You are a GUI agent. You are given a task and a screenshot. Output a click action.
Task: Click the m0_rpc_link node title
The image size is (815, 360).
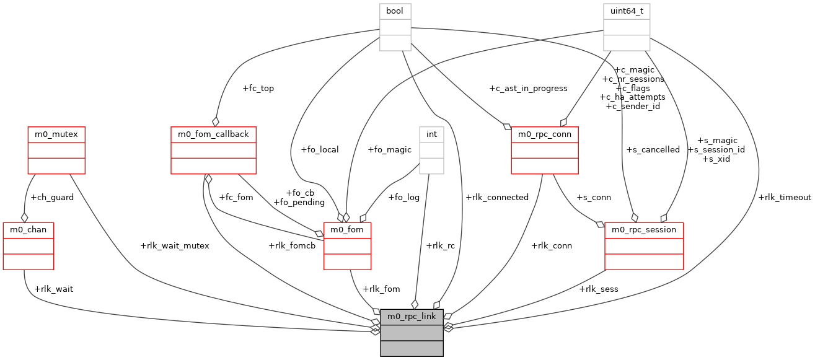tap(412, 317)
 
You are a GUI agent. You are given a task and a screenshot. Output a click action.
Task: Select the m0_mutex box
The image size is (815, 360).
tap(56, 150)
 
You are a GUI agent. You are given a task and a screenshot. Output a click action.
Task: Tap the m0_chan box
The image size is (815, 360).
tap(28, 246)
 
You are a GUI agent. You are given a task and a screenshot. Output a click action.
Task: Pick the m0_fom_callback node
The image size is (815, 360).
tap(213, 150)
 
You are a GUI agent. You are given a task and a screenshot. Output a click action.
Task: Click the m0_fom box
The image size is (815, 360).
tap(347, 246)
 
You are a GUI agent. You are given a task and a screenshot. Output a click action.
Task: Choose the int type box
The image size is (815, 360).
tap(431, 150)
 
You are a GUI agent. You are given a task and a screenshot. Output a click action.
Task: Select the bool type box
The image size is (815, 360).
tap(395, 27)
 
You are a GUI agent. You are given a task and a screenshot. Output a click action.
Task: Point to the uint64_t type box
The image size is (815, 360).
tap(626, 27)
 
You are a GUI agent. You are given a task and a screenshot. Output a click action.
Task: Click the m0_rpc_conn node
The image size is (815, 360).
tap(544, 150)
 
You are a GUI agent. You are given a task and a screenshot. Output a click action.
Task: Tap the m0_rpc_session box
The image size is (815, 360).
tap(644, 246)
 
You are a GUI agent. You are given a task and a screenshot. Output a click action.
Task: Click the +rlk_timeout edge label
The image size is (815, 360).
tap(784, 198)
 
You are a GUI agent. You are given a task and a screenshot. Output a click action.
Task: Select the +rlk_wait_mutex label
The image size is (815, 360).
tap(175, 245)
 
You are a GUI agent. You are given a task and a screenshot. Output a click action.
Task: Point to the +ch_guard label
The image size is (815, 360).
tap(52, 198)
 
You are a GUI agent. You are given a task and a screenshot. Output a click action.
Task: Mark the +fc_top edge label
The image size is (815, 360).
tap(258, 89)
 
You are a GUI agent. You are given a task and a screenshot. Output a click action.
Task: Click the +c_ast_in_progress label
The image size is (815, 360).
tap(528, 89)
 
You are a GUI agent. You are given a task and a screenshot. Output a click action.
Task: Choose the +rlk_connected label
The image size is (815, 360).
tap(497, 198)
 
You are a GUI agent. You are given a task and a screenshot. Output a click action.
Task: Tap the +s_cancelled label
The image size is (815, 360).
tap(653, 150)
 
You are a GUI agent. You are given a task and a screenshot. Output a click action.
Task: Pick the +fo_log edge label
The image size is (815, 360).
tap(403, 198)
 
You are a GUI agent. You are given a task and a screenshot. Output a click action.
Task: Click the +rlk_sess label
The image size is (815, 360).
tap(598, 289)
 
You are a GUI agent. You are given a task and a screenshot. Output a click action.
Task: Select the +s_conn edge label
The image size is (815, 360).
tap(593, 198)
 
